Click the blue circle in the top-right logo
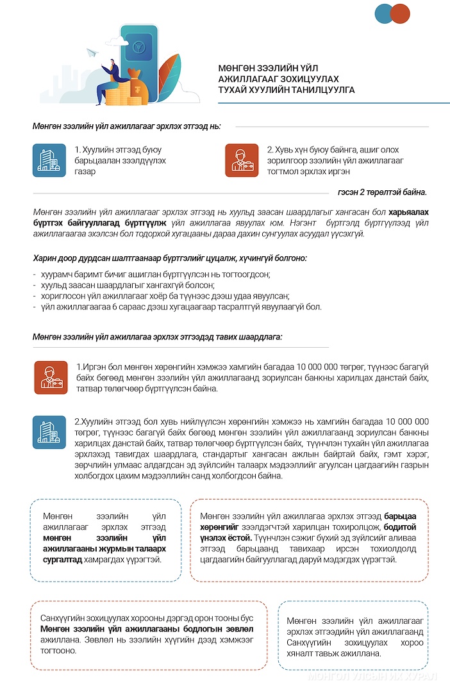tap(383, 13)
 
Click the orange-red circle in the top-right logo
tap(400, 13)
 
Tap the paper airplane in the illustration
tap(92, 52)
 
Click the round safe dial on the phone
tap(139, 47)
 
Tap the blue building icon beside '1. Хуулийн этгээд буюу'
tap(49, 160)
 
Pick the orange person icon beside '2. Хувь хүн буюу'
tap(242, 160)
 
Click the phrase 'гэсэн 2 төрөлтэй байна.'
tap(382, 192)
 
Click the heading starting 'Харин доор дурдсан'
tap(170, 258)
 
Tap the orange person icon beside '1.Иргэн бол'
tap(51, 377)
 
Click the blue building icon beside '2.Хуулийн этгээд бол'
tap(49, 432)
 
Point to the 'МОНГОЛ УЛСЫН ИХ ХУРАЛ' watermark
tap(372, 677)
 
